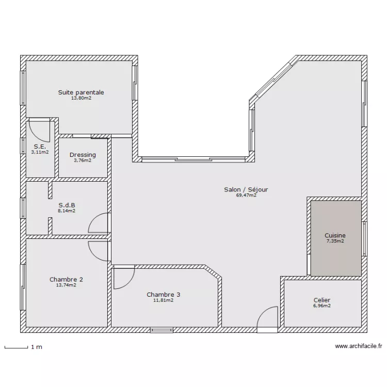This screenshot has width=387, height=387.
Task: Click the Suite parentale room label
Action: coord(81,92)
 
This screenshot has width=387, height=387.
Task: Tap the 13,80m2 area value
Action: coord(81,98)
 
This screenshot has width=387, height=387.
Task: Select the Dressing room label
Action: coord(83,155)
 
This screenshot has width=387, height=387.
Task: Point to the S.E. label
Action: coord(40,147)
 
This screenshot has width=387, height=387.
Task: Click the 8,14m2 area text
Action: coord(67,211)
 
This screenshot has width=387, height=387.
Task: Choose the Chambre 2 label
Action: coord(66,279)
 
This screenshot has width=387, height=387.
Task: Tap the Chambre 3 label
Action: coord(164,295)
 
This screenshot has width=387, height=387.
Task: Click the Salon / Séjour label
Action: coord(246,189)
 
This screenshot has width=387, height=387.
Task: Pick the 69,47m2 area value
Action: coord(246,195)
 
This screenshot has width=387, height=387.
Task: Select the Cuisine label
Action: coord(335,235)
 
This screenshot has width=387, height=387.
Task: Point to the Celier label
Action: coord(322,300)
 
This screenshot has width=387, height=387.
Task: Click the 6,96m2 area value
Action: coord(322,305)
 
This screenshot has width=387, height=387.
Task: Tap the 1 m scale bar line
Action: coord(17,348)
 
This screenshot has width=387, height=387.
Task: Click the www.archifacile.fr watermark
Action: coord(359,346)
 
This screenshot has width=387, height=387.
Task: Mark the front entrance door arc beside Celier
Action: coord(263,312)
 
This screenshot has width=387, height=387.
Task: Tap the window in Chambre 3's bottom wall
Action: coord(162,330)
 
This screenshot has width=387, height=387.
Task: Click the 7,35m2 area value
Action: coord(335,241)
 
